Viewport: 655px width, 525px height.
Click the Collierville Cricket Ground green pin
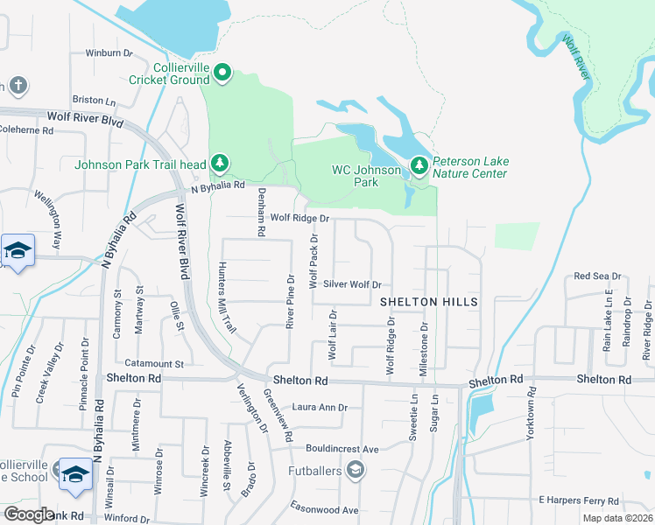point(222,73)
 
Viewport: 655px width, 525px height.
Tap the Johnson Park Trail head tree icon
point(219,164)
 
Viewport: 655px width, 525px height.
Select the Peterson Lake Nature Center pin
point(420,166)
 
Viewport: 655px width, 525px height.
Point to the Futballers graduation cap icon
point(355,472)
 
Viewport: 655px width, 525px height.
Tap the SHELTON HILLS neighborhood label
point(429,301)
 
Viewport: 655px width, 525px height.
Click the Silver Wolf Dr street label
point(353,284)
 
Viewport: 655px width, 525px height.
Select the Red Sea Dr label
point(596,276)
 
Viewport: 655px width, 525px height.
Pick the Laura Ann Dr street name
point(320,407)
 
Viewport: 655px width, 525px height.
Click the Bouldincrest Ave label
point(335,449)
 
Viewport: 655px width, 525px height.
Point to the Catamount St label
point(153,363)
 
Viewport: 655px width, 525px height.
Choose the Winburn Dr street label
point(109,53)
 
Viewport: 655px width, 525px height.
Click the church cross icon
point(18,86)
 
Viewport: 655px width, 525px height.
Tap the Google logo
point(29,514)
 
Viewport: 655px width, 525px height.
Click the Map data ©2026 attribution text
point(616,518)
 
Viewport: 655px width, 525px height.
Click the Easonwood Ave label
point(325,510)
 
